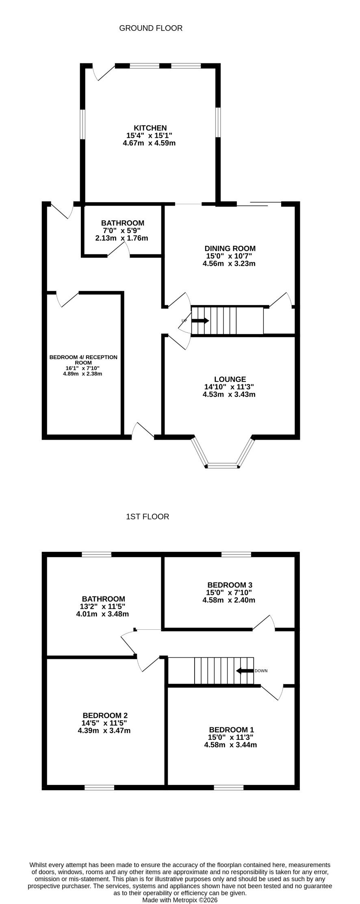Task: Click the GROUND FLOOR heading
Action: tap(151, 28)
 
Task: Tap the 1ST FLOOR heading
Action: tap(147, 517)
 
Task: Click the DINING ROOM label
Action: tap(230, 249)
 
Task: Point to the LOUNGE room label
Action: tap(230, 379)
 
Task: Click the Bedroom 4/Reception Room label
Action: tap(83, 360)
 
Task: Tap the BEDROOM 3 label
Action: tap(230, 585)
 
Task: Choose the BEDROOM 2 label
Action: tap(105, 715)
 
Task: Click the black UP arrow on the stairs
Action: tap(200, 321)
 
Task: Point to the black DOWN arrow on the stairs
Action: tap(245, 670)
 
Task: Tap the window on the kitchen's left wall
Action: tap(82, 124)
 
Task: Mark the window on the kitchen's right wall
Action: tap(218, 122)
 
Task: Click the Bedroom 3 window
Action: tap(236, 554)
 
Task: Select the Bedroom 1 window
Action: tap(229, 787)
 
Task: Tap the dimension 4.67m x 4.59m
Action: tap(149, 143)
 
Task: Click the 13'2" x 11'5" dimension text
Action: tap(104, 607)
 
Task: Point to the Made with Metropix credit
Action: tap(180, 900)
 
